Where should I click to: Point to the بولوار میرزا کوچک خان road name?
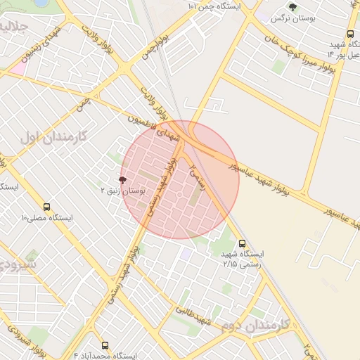[x=295, y=53]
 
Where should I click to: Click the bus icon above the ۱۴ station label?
[x=350, y=34]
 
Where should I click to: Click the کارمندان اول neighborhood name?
[x=53, y=136]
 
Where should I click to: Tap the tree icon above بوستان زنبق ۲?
[x=122, y=180]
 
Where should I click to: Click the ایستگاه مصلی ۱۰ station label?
[x=47, y=218]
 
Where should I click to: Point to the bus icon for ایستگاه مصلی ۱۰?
[x=47, y=207]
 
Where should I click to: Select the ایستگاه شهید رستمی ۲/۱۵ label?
[x=243, y=257]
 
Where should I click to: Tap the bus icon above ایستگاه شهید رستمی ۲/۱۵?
[x=243, y=242]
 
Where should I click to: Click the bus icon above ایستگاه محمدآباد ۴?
[x=105, y=345]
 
